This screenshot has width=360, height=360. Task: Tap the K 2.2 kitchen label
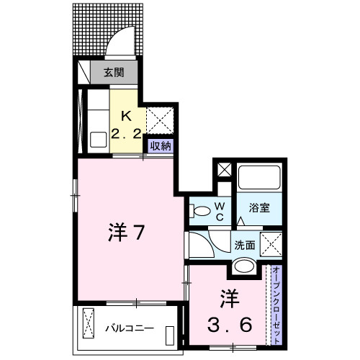tap(125, 124)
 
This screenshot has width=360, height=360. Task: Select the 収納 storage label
tap(160, 145)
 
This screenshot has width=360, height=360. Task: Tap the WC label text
tap(221, 210)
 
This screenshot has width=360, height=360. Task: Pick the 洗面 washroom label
tap(245, 245)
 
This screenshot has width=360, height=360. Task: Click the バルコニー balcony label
tap(130, 328)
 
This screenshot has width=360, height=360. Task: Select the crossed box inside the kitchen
tap(158, 119)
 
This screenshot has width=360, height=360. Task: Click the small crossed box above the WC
tap(223, 171)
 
